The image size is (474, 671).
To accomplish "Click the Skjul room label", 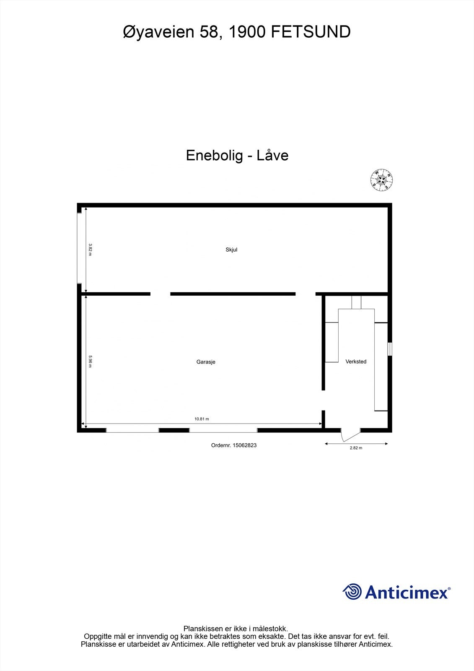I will [x=231, y=250].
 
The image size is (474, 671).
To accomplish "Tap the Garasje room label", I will [x=206, y=362].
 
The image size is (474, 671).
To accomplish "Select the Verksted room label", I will [x=356, y=362].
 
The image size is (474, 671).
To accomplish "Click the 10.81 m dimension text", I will [x=202, y=419].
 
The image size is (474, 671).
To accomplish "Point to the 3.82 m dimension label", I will [x=90, y=250].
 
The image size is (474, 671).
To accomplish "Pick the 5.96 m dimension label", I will [x=90, y=362].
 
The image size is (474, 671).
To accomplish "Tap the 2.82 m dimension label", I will [x=356, y=448].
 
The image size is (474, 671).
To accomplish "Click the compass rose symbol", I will [x=381, y=180].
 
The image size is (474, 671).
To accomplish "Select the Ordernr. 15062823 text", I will [x=234, y=445].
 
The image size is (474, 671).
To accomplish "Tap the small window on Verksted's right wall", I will [x=390, y=349].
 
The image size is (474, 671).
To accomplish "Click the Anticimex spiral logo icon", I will [x=352, y=592].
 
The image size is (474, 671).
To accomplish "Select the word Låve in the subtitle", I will [x=272, y=156].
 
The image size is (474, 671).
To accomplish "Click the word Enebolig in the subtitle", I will [x=214, y=156].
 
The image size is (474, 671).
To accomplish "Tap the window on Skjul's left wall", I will [x=79, y=248].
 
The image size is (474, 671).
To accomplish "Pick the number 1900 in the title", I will [x=246, y=32].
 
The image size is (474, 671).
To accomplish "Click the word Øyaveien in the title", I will [x=159, y=32].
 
